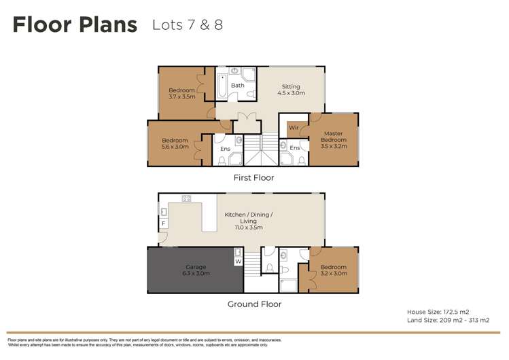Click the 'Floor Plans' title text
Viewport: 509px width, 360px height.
(x=75, y=26)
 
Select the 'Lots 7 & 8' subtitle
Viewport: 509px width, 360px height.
(x=188, y=25)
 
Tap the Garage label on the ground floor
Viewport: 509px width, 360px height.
(x=195, y=270)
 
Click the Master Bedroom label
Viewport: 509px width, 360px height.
(x=334, y=139)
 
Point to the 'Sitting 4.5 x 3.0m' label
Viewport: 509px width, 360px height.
(x=291, y=90)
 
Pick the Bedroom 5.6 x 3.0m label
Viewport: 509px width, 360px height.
(x=175, y=143)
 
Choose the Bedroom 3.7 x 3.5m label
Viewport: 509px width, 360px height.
(x=181, y=94)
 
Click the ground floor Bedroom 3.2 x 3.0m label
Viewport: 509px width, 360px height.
(x=334, y=270)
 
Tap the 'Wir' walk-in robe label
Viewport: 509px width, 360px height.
(x=294, y=128)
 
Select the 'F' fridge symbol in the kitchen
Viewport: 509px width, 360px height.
(x=163, y=223)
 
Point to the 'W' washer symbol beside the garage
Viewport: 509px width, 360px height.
(x=238, y=261)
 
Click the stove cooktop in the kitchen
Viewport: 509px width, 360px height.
(x=186, y=198)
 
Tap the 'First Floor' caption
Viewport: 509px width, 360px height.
(x=253, y=178)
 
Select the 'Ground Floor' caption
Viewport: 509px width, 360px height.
(x=254, y=304)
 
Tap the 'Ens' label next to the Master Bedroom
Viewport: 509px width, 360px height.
(x=294, y=148)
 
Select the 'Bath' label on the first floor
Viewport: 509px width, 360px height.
(x=237, y=86)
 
